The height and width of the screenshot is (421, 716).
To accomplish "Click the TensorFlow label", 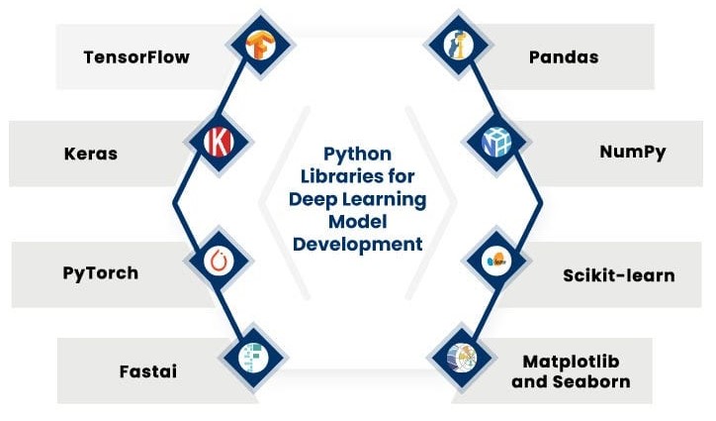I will (x=136, y=56).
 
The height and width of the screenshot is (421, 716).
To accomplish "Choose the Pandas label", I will (x=563, y=56).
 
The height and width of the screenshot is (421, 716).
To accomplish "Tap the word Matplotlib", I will (x=571, y=361).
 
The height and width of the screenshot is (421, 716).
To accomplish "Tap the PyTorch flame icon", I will (x=218, y=261).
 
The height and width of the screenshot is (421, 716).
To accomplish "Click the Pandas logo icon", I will (x=457, y=45).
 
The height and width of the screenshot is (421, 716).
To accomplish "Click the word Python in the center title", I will (x=357, y=155).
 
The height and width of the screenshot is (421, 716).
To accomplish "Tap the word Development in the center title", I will (x=357, y=244).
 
